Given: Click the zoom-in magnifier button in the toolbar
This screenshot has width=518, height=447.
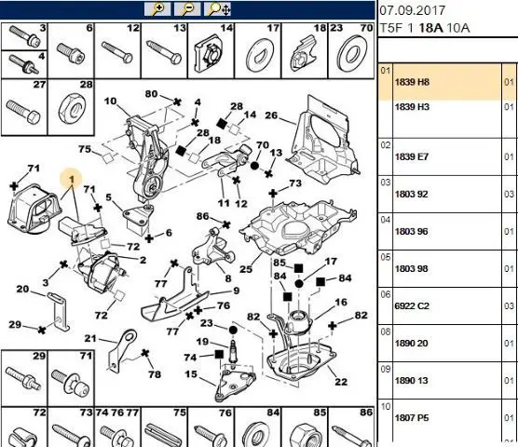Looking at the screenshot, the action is (x=157, y=9).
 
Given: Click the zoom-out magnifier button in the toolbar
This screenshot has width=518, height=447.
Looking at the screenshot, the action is (x=187, y=9).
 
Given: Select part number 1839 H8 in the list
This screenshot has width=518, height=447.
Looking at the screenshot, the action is (x=412, y=82).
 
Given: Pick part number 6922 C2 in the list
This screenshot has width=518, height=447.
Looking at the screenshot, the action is (x=412, y=306).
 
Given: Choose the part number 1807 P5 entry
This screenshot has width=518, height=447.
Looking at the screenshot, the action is (x=412, y=418).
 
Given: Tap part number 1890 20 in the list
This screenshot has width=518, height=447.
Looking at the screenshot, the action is (x=412, y=344).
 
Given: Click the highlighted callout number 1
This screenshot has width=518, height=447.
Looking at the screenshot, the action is (x=72, y=179).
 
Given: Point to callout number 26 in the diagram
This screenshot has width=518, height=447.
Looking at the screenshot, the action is (x=271, y=115).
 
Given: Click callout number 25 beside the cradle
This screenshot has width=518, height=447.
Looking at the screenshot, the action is (x=246, y=269).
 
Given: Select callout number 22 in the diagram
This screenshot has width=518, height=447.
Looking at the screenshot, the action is (x=341, y=382).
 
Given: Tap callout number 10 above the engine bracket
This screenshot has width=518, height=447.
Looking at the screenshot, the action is (x=110, y=101).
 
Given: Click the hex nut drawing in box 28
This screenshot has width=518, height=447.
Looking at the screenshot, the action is (x=73, y=110).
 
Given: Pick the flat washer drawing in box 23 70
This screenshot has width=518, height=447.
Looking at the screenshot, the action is (x=352, y=53).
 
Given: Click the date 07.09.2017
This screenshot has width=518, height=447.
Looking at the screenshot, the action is (x=412, y=10).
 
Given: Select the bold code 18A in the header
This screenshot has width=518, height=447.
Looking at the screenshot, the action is (x=430, y=28).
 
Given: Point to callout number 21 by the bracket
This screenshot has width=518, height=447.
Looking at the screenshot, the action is (x=90, y=338).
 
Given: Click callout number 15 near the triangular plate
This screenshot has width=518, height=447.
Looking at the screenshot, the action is (x=191, y=374).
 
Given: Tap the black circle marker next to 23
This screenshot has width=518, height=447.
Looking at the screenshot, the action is (x=233, y=330).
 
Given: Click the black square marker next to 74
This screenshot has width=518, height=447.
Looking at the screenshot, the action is (x=219, y=355).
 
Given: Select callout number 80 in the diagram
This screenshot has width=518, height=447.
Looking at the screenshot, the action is (x=151, y=94).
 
